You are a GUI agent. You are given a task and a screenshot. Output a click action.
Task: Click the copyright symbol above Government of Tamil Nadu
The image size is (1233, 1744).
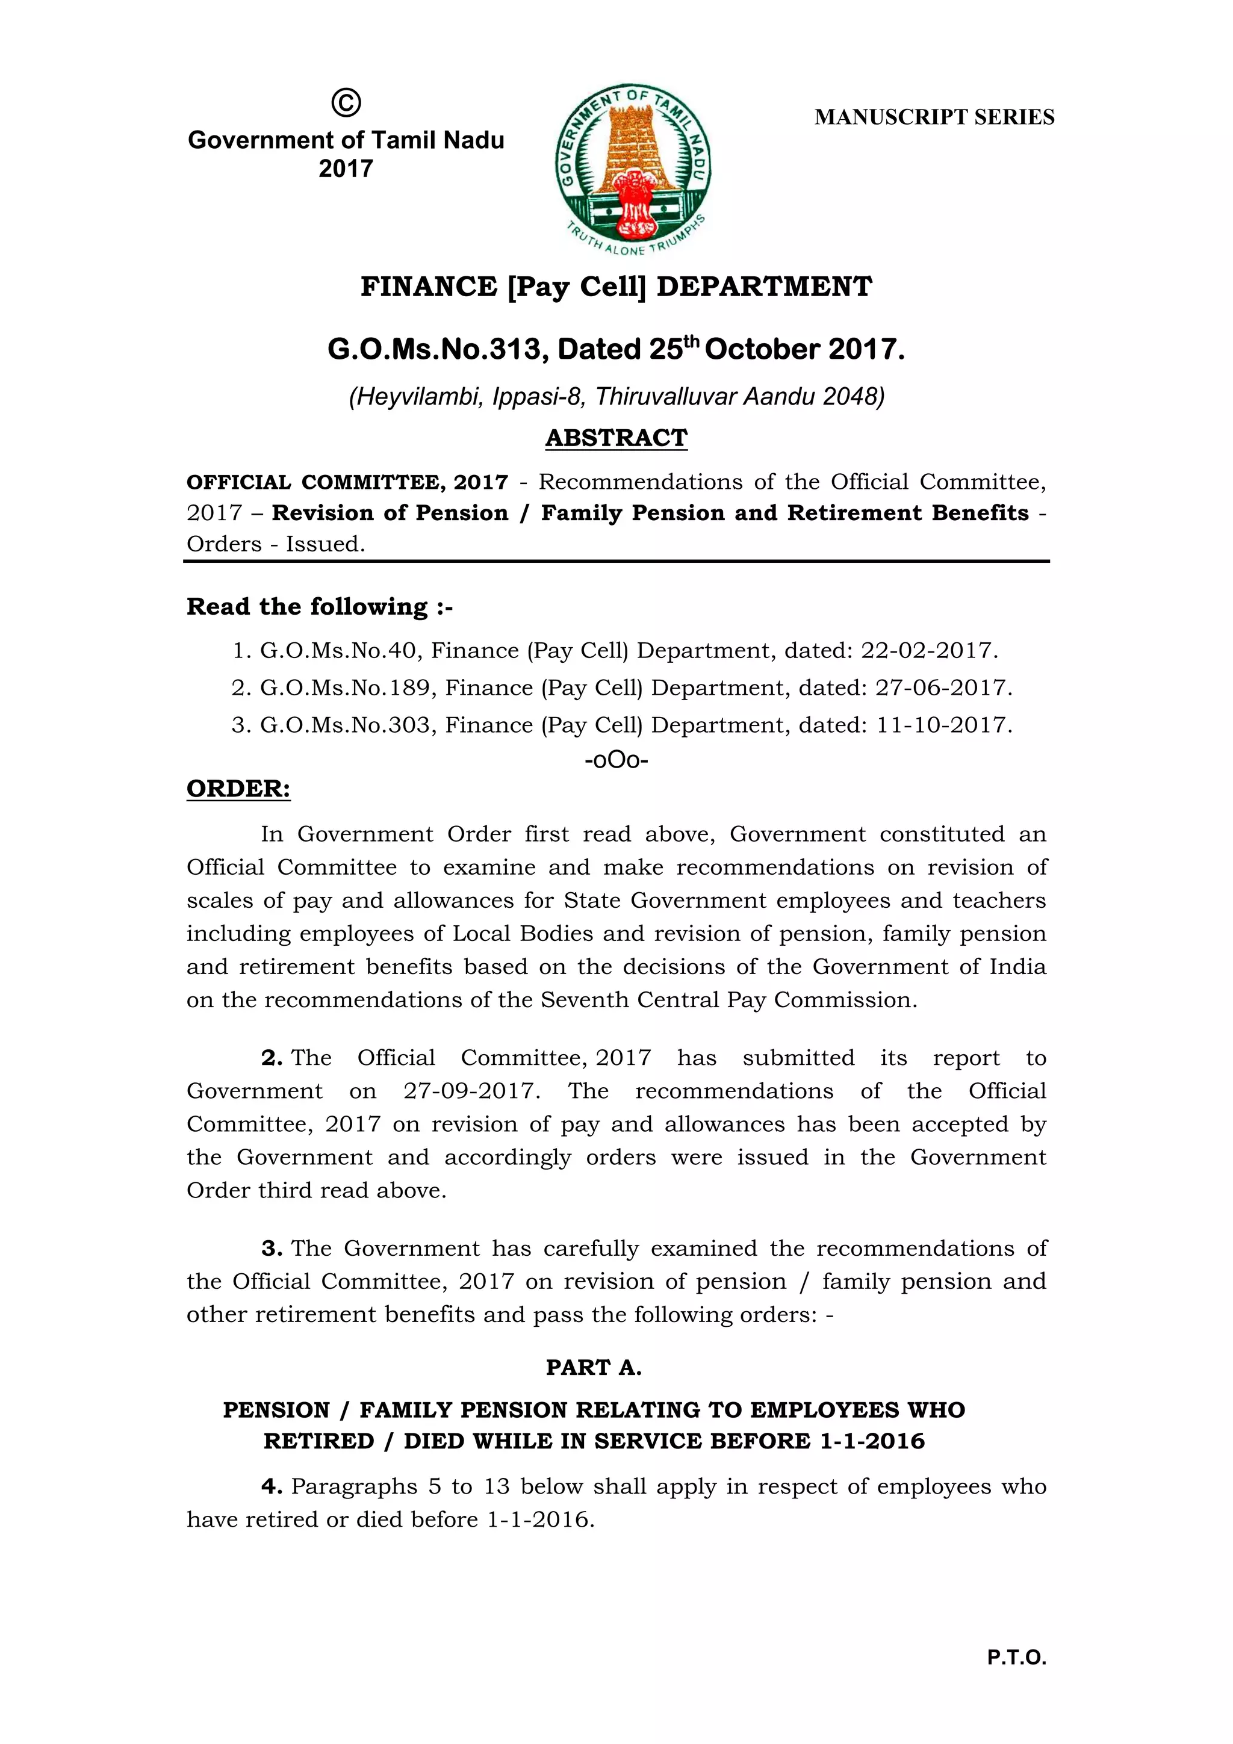click(346, 102)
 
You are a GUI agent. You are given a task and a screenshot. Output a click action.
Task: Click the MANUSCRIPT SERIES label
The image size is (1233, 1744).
click(934, 117)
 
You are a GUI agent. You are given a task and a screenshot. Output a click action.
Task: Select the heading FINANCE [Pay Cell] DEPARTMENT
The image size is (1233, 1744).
click(616, 287)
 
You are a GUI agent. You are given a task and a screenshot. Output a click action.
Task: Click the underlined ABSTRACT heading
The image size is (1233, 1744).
click(616, 438)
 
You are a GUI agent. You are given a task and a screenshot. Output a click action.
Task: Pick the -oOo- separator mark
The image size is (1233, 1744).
click(616, 760)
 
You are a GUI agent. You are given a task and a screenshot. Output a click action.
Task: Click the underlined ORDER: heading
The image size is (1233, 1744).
click(238, 789)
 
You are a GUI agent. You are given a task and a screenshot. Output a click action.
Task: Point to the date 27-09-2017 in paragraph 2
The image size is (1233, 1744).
click(471, 1091)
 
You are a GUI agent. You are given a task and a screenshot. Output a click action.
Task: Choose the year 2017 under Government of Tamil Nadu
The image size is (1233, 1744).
click(346, 169)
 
